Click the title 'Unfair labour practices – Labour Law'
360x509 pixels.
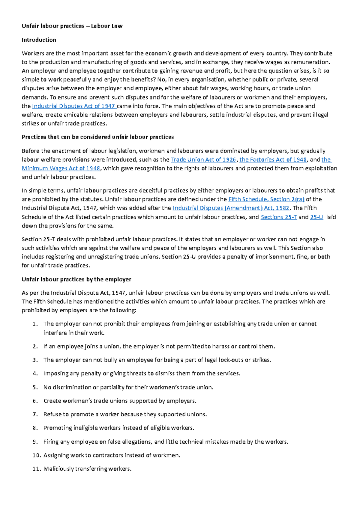[72, 26]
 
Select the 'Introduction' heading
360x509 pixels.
[39, 40]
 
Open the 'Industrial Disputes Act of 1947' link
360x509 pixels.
[73, 106]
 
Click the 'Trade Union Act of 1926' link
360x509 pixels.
[203, 160]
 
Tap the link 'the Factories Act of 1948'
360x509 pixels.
[273, 160]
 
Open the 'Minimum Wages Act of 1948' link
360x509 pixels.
[61, 168]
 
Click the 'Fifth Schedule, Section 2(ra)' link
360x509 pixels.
[266, 199]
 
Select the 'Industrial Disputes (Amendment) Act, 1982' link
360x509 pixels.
[231, 208]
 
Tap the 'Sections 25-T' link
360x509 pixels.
[279, 217]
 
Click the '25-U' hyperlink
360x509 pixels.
[316, 217]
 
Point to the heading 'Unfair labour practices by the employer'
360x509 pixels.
[76, 279]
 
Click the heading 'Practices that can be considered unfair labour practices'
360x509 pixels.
[97, 137]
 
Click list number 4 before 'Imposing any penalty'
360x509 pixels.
[35, 374]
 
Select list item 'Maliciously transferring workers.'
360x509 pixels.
[87, 469]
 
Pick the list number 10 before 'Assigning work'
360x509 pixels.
[36, 455]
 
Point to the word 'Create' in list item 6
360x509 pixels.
[52, 401]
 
